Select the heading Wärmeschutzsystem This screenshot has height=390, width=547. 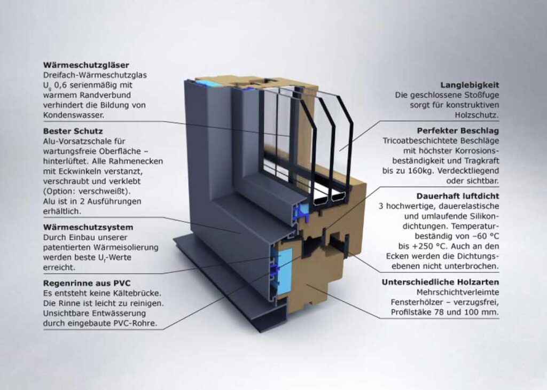click(88, 227)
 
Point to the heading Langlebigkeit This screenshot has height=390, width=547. click(470, 85)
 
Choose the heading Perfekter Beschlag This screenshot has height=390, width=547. click(457, 130)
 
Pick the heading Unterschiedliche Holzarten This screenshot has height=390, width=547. click(441, 282)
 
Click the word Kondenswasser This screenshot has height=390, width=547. click(73, 115)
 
